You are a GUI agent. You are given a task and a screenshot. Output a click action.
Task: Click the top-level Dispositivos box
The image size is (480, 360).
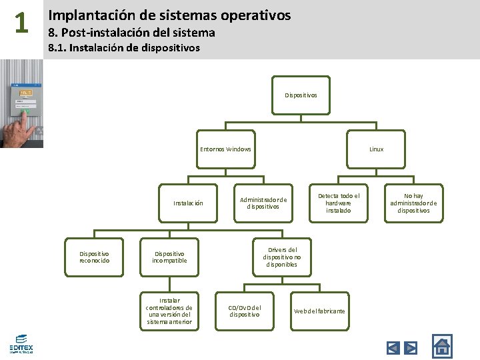[x=301, y=95]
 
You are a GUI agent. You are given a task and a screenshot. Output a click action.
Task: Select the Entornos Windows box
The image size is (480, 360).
[x=225, y=149]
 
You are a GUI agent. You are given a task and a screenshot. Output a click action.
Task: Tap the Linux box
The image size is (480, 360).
[x=376, y=149]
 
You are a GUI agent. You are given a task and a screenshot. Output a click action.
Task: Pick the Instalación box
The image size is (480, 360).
[x=188, y=203]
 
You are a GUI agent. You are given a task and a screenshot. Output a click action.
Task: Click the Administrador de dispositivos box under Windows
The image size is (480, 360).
[x=263, y=203]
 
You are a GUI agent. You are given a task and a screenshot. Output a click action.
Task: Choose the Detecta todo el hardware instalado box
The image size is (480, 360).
[x=338, y=203]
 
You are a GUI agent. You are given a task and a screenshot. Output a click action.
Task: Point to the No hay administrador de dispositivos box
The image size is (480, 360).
[x=413, y=203]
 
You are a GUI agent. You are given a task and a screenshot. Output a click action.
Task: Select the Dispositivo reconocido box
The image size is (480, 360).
[x=94, y=257]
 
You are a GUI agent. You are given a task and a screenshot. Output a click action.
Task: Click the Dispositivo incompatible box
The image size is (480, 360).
[x=169, y=257]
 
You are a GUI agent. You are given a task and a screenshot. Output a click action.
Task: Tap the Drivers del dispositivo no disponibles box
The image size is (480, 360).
[x=281, y=257]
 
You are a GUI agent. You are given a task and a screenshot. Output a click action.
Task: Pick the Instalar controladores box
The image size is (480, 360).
[x=169, y=311]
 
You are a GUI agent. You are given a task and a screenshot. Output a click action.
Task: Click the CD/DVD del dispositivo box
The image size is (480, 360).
[x=244, y=311]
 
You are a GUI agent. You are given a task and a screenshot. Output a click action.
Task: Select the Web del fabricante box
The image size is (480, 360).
[x=319, y=311]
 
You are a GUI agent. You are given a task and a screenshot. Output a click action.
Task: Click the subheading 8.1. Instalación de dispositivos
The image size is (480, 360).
[x=124, y=48]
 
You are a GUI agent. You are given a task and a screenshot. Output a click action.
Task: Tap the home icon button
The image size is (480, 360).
[x=442, y=345]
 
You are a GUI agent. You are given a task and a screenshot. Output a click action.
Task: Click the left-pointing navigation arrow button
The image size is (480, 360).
[x=393, y=347]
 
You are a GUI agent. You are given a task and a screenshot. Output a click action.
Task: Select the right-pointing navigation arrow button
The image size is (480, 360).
[x=411, y=347]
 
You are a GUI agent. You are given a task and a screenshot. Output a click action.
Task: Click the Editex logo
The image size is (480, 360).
[x=21, y=343]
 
